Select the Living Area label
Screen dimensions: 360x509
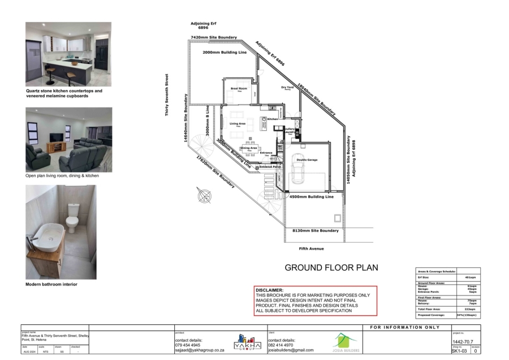tap(238, 123)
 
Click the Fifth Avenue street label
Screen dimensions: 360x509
tap(313, 248)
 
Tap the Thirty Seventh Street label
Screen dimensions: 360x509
tap(167, 95)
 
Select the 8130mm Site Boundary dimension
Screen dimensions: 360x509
tap(315, 231)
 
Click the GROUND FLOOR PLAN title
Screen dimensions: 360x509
tap(331, 268)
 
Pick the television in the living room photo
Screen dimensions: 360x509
tap(57, 138)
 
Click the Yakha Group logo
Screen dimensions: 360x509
tap(245, 342)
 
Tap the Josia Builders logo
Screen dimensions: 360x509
tap(345, 342)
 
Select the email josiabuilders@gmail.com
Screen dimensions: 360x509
tap(291, 350)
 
